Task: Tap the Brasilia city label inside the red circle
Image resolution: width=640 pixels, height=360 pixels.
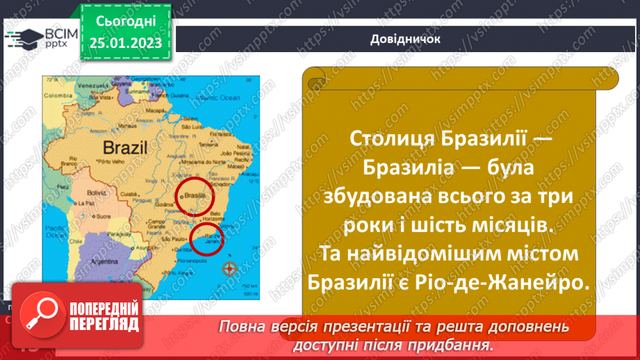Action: pyautogui.click(x=193, y=197)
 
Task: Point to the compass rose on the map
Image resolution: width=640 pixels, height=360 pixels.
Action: pyautogui.click(x=229, y=268)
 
